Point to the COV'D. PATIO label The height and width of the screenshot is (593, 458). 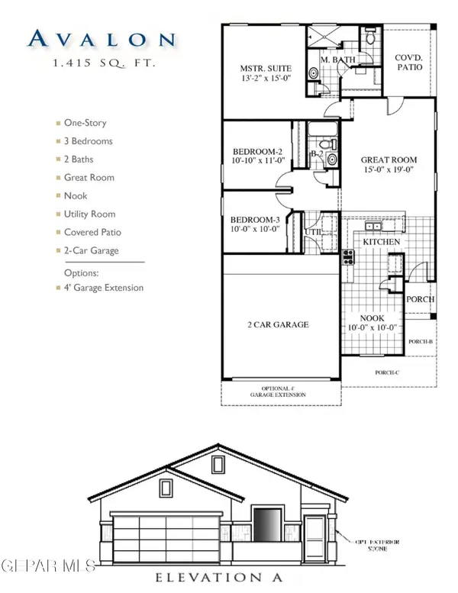pyautogui.click(x=408, y=62)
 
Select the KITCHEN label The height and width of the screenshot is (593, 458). pyautogui.click(x=381, y=241)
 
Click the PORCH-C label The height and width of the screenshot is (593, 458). pyautogui.click(x=387, y=372)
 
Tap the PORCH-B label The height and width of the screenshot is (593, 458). pyautogui.click(x=421, y=342)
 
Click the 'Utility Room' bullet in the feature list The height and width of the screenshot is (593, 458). pyautogui.click(x=89, y=214)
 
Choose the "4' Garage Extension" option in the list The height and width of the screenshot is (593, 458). pyautogui.click(x=103, y=288)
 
